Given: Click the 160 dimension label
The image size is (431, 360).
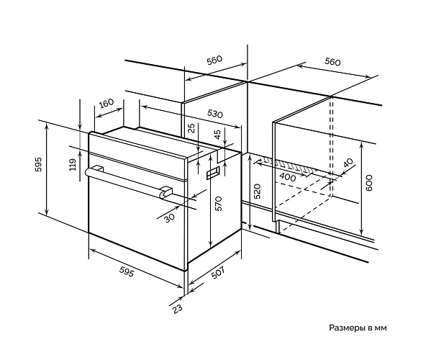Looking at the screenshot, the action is click(x=106, y=104).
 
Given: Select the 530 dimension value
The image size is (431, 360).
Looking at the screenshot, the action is click(x=214, y=114).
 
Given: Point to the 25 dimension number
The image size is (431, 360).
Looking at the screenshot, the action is click(x=191, y=127).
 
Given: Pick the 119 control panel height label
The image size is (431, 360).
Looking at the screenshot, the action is click(x=73, y=164).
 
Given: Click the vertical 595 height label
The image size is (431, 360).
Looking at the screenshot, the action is click(x=38, y=164).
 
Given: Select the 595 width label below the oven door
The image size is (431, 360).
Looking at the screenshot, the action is click(x=127, y=272).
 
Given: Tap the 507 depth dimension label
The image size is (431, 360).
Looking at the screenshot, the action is click(x=217, y=273).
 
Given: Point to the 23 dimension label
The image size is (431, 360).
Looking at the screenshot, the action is click(x=178, y=308).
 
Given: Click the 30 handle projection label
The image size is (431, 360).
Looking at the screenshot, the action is click(x=170, y=218).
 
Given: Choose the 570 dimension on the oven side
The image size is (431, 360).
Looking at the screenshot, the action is click(x=218, y=203).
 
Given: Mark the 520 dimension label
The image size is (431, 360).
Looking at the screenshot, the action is click(x=257, y=191).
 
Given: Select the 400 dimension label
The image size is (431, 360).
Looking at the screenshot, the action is click(x=288, y=177).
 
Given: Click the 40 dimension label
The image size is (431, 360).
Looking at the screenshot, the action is click(x=348, y=163).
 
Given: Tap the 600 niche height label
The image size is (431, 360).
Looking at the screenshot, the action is click(x=369, y=182).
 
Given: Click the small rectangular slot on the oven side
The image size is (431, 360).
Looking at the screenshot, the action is click(x=213, y=172).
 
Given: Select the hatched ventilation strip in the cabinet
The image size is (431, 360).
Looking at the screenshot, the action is click(x=295, y=165).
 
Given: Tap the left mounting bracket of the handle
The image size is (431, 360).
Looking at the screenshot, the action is click(x=98, y=168).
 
